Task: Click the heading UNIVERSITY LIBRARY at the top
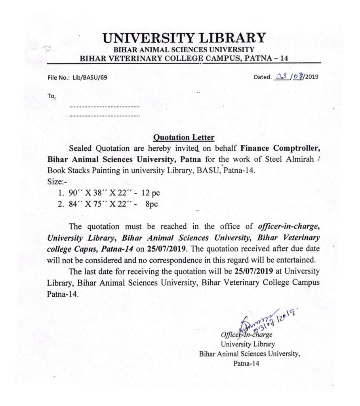(184, 38)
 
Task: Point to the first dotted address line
(105, 107)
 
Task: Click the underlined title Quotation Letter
(184, 138)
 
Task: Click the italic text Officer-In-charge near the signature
(247, 335)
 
